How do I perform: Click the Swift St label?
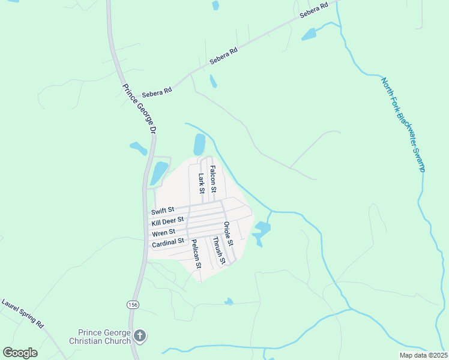click(163, 211)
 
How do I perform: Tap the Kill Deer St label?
click(167, 221)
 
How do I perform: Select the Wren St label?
click(163, 232)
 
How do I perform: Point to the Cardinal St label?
click(168, 243)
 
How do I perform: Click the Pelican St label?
click(195, 253)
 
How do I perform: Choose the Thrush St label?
click(218, 251)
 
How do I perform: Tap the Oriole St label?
click(228, 234)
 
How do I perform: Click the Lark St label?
click(202, 184)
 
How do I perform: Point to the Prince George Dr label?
click(139, 108)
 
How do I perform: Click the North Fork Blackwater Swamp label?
click(403, 124)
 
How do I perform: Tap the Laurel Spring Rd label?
click(23, 313)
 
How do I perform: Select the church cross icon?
click(140, 336)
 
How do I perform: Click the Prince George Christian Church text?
click(104, 337)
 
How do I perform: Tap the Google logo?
click(20, 353)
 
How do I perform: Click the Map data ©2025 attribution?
click(423, 355)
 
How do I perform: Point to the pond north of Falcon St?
click(199, 144)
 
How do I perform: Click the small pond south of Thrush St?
click(228, 301)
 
